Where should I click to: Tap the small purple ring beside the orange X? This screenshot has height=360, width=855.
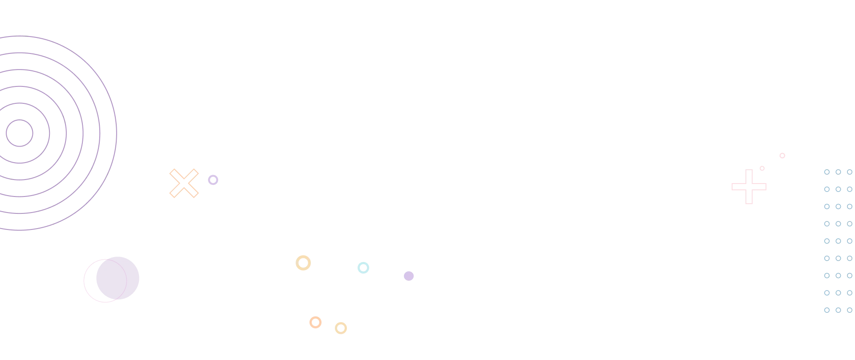213,180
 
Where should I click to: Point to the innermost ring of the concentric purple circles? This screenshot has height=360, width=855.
19,132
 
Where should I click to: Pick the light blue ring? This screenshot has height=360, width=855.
363,267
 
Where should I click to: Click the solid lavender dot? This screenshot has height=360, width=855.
408,276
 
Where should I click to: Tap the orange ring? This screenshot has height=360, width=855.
315,322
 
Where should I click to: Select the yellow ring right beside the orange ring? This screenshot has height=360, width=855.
342,328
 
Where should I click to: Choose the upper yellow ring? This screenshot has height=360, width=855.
304,262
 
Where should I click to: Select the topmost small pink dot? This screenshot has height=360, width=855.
782,156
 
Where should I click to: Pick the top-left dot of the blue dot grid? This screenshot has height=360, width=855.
826,172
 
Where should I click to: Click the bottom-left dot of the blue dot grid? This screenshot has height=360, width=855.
826,310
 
